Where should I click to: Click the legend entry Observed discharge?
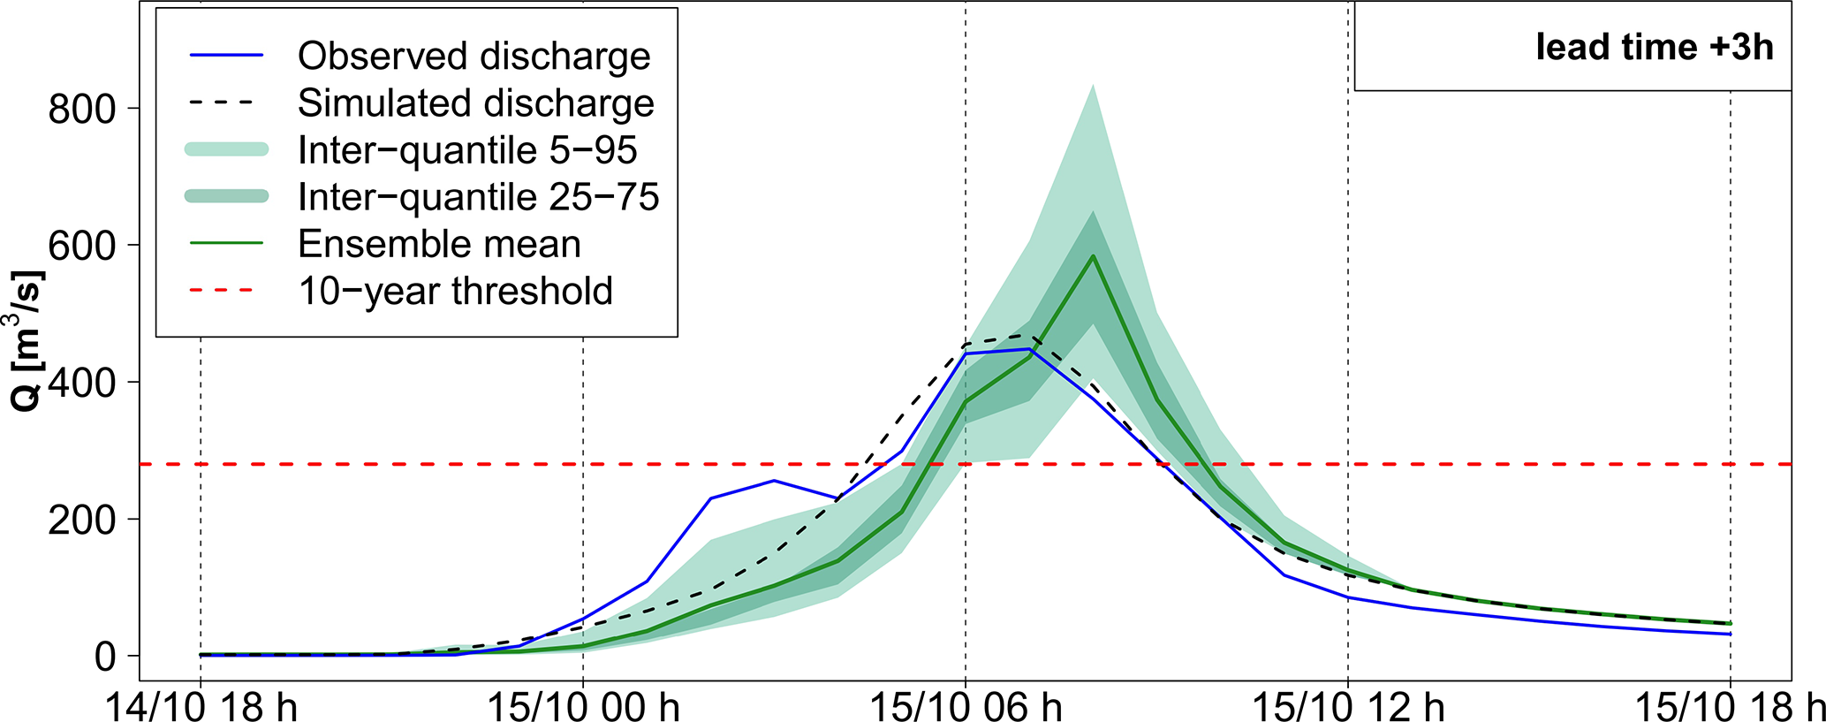[474, 57]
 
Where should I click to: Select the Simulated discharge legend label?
[475, 103]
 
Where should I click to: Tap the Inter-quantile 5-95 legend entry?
[467, 150]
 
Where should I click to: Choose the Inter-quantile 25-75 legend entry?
[478, 197]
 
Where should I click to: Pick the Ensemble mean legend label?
[439, 244]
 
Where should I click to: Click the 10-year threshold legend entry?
[455, 291]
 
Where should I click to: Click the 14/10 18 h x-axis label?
[201, 708]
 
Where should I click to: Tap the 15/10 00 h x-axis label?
[583, 708]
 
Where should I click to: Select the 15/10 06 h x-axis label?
[966, 708]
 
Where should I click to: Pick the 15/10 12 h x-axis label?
[1348, 708]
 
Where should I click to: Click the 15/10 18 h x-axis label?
[1730, 708]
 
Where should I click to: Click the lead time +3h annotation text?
[1654, 48]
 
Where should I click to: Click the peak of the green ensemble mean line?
[1093, 256]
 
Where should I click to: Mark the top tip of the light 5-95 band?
[1093, 85]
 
